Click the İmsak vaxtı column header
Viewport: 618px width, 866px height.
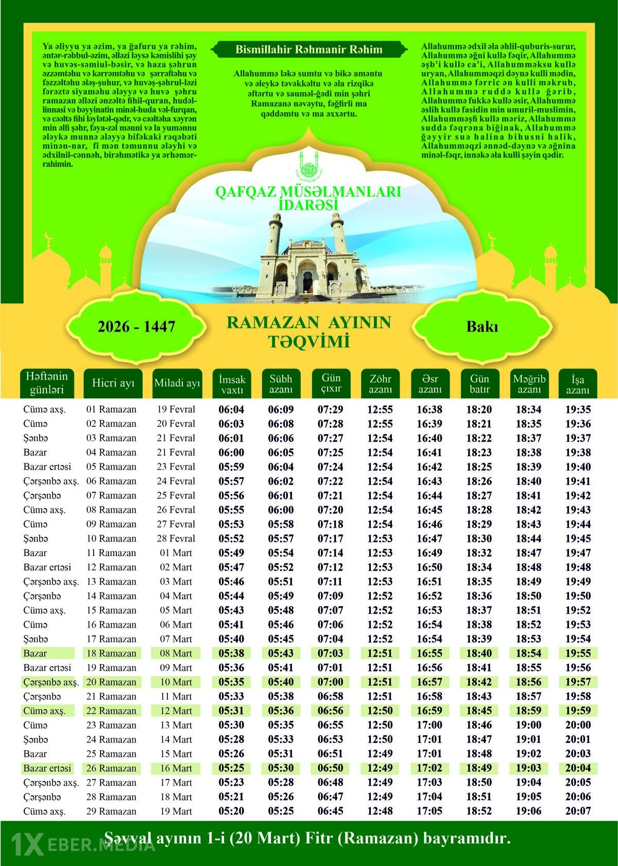(232, 384)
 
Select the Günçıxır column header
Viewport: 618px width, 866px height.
(331, 383)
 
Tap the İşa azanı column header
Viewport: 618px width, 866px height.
(577, 384)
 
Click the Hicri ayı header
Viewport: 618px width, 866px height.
(113, 383)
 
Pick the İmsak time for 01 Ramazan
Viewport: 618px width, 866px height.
(231, 410)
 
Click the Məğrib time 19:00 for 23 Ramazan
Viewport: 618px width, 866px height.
(528, 725)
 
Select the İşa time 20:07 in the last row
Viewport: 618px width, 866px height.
(578, 811)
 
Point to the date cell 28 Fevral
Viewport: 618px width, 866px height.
(176, 539)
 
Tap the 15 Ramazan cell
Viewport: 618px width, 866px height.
(111, 610)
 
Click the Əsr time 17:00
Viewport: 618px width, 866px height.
(430, 725)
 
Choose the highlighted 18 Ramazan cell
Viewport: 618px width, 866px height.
(111, 653)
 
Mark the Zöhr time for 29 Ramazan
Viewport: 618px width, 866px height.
(380, 811)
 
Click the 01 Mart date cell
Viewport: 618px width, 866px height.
(176, 553)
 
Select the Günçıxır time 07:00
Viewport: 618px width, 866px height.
(331, 682)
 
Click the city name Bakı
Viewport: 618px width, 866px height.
(482, 327)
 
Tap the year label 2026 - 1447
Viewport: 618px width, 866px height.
(136, 326)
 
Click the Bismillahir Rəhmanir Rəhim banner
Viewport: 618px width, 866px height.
(309, 50)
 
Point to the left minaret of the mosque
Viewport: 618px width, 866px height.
(274, 234)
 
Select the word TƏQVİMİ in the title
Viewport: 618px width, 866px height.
(308, 341)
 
